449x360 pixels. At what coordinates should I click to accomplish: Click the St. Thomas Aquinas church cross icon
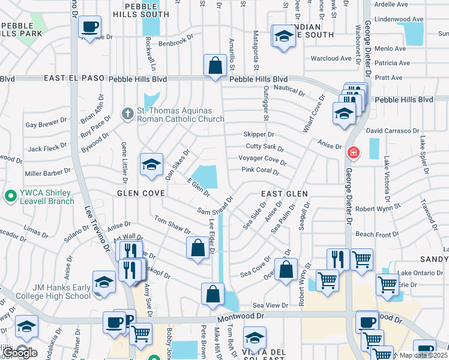click(127, 113)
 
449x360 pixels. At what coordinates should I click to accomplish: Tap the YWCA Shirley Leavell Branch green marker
click(10, 196)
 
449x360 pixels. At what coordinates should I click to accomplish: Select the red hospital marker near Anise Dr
click(354, 152)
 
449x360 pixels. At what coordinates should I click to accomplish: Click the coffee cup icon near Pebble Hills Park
click(90, 27)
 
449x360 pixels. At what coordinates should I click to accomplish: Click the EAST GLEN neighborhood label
click(284, 194)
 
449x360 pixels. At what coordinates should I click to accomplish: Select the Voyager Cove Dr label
click(262, 159)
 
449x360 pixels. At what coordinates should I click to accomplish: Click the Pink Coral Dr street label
click(261, 171)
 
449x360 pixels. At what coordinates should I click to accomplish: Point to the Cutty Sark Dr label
click(264, 146)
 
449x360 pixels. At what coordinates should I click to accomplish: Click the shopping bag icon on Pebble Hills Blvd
click(214, 65)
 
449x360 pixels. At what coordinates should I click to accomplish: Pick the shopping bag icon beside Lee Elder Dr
click(197, 248)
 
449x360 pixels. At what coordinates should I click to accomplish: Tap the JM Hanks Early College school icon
click(104, 284)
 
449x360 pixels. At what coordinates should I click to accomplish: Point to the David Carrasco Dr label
click(392, 131)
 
